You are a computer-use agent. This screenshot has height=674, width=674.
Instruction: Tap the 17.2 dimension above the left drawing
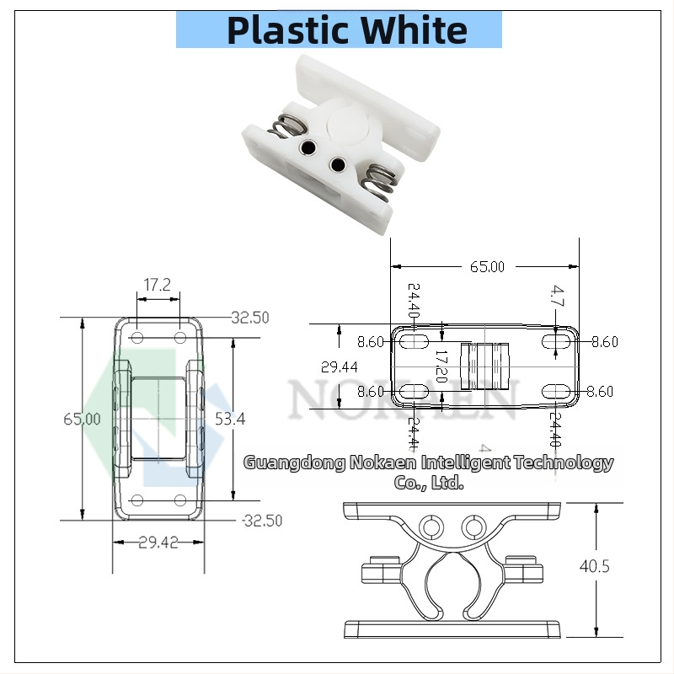coord(157,286)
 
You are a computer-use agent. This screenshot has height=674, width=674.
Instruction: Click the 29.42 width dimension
coord(158,543)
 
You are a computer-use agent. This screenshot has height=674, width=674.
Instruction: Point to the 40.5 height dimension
coord(594,566)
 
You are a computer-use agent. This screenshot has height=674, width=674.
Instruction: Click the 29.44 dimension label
coord(339,366)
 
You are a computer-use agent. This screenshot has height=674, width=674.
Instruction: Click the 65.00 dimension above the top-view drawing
coord(486,267)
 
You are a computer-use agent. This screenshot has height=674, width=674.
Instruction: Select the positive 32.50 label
coord(250,318)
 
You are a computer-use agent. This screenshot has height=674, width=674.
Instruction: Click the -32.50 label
coord(261,520)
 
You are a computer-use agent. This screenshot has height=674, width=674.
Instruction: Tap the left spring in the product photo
coord(286,131)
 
